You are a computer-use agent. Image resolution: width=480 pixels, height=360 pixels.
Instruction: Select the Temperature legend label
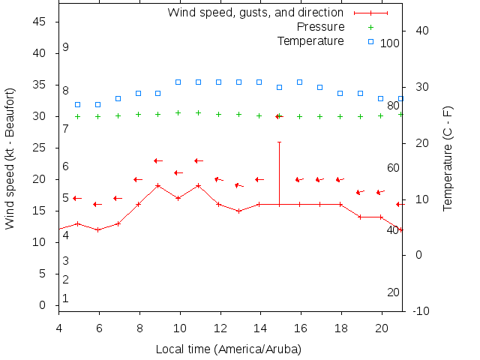pyautogui.click(x=310, y=40)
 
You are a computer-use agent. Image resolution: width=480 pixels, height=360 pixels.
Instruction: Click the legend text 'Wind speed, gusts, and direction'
pyautogui.click(x=256, y=12)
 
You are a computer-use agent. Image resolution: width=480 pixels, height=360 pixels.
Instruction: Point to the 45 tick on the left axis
pyautogui.click(x=40, y=22)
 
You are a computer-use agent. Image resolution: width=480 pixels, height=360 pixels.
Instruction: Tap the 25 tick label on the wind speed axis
pyautogui.click(x=40, y=148)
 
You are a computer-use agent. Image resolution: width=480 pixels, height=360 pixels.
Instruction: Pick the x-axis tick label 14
pyautogui.click(x=260, y=328)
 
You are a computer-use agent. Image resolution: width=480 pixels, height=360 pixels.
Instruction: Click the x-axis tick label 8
pyautogui.click(x=139, y=328)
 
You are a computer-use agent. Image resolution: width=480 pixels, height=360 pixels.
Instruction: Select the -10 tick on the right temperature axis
pyautogui.click(x=421, y=310)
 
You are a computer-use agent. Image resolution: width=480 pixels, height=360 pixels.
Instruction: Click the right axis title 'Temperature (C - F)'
pyautogui.click(x=448, y=159)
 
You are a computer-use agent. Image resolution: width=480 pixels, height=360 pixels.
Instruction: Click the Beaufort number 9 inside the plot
pyautogui.click(x=66, y=47)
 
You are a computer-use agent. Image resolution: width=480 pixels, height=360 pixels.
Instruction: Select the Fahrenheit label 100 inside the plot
pyautogui.click(x=390, y=43)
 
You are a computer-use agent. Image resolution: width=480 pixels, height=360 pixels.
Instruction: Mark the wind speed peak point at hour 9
pyautogui.click(x=158, y=185)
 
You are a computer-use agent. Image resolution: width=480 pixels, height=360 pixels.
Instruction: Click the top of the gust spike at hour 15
pyautogui.click(x=280, y=142)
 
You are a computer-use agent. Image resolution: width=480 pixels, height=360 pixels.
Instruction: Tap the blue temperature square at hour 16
pyautogui.click(x=300, y=82)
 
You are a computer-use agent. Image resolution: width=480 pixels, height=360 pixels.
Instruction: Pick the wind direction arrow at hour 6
pyautogui.click(x=97, y=204)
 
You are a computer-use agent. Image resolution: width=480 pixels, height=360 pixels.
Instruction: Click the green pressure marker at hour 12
pyautogui.click(x=219, y=114)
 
